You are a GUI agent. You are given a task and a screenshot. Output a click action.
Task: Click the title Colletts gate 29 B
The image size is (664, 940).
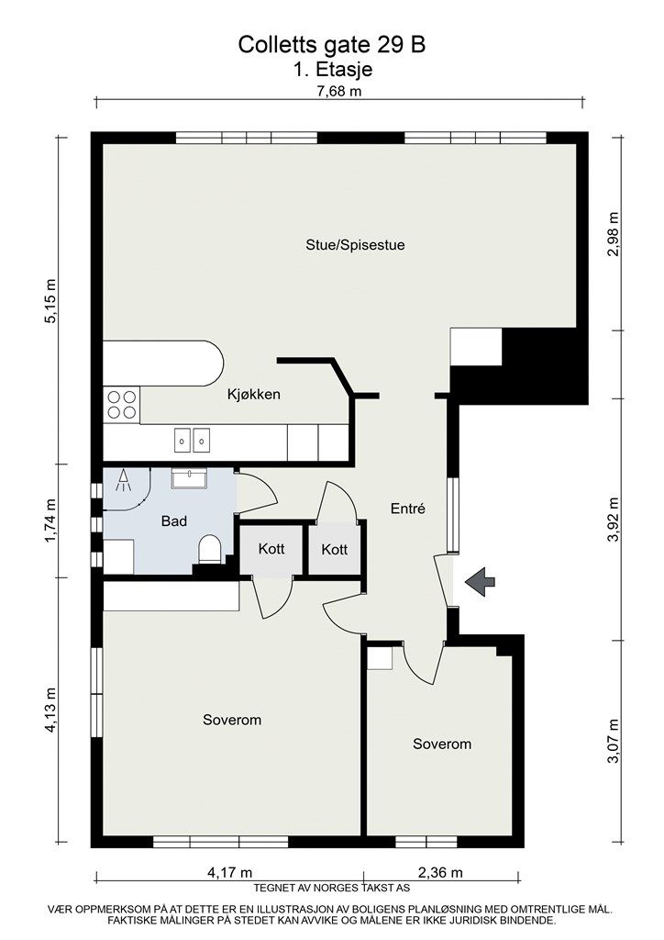tap(332, 45)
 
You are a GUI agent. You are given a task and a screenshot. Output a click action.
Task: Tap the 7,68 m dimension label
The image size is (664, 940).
tap(339, 91)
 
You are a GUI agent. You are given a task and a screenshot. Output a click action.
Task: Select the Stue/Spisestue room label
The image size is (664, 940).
tap(355, 244)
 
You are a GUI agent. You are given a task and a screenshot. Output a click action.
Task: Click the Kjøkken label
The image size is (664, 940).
tap(254, 394)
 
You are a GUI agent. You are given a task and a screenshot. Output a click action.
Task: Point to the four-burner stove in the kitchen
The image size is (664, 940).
tap(122, 405)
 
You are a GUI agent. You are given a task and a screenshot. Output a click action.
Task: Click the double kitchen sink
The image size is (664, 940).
tap(193, 440)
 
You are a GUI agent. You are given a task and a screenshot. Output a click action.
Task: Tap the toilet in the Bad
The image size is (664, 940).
tap(209, 549)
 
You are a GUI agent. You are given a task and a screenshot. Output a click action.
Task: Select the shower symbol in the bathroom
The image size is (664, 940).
tap(123, 481)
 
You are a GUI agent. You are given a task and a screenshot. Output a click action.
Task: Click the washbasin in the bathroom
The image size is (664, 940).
tap(189, 478)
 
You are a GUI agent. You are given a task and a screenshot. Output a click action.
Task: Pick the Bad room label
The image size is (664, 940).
tap(174, 521)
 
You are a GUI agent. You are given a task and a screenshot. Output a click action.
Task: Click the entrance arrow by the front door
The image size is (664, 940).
tap(481, 581)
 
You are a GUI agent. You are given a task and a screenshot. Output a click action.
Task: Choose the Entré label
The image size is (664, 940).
tap(408, 509)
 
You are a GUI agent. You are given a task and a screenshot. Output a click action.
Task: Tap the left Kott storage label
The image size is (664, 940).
tap(271, 549)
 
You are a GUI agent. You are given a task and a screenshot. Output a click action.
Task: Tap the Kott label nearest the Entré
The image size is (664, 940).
tap(334, 549)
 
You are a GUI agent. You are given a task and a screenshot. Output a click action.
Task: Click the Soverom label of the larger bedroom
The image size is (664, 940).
tap(232, 720)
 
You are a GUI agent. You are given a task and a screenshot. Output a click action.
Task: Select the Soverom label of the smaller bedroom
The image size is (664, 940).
tap(442, 744)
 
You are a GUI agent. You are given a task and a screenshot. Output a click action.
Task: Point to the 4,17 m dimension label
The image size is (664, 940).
tap(230, 872)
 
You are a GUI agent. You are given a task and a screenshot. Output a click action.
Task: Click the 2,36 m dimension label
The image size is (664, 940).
tap(440, 872)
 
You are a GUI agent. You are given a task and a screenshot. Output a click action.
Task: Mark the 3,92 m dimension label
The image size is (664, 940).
tap(613, 520)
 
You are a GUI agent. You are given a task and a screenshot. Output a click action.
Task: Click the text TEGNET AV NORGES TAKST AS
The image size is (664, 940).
tap(332, 888)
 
